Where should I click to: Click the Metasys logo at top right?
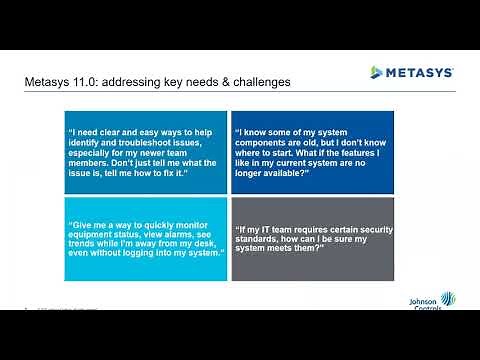[x=411, y=72]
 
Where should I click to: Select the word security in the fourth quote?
[x=372, y=228]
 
